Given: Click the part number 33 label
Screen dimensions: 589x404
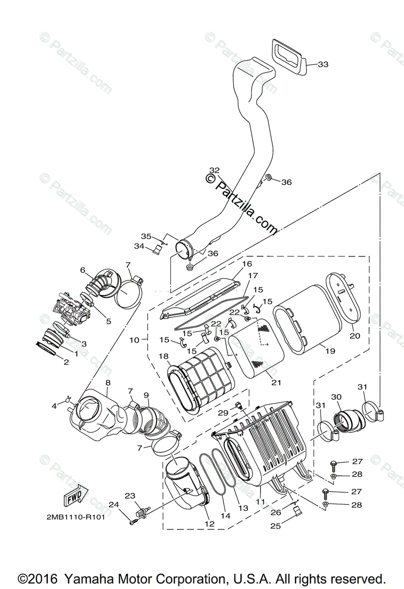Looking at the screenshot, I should [323, 64].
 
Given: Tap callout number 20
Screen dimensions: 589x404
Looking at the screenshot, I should [354, 336].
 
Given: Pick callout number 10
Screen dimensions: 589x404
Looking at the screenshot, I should [135, 339].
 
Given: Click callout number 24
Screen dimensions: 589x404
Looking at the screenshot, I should [113, 505].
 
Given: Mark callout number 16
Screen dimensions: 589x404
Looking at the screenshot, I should [246, 264].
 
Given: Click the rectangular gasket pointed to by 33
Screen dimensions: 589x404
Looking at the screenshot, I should [288, 55].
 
